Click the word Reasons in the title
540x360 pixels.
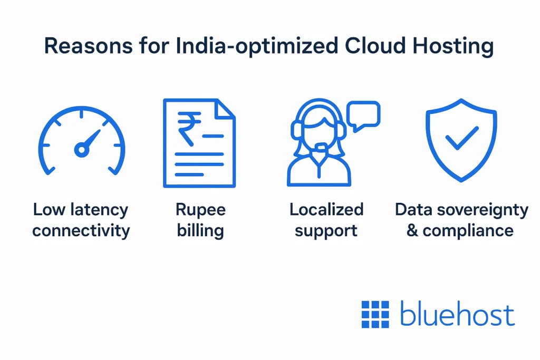(88, 45)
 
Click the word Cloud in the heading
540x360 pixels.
(375, 45)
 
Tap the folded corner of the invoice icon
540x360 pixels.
(225, 109)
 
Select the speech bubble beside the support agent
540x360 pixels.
(363, 116)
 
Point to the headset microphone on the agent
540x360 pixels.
(321, 148)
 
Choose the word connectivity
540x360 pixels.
(81, 230)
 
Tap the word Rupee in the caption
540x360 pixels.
(200, 210)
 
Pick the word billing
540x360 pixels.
(200, 230)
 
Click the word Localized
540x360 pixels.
(326, 209)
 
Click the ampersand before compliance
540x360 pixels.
(412, 230)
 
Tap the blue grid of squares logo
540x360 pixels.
(375, 314)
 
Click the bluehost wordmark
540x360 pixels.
(457, 314)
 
